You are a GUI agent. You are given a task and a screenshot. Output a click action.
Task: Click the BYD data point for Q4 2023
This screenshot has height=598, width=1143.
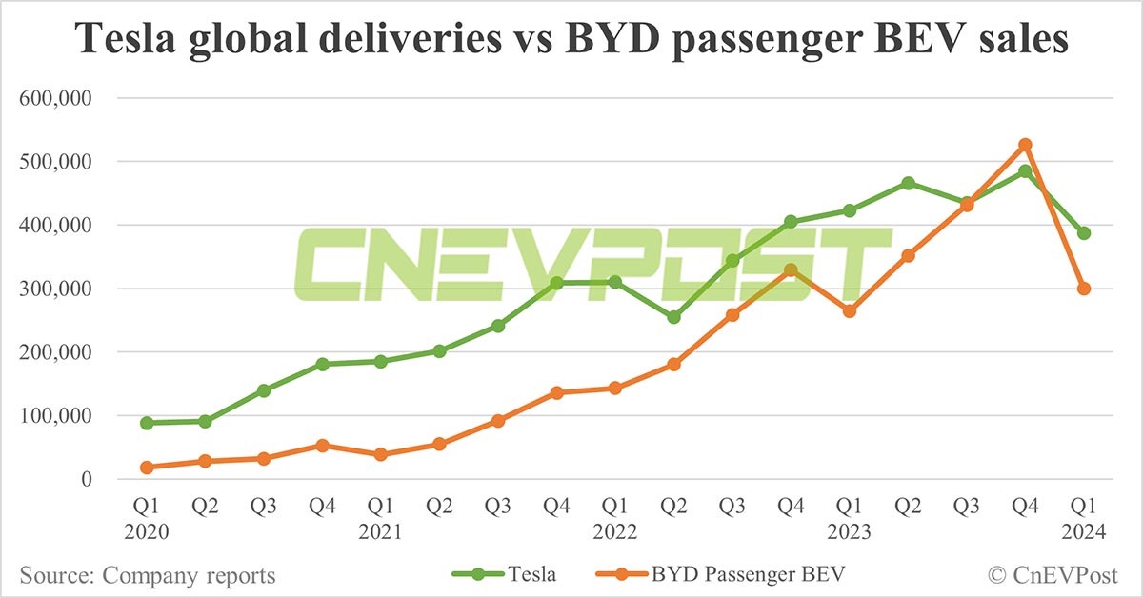tap(1025, 145)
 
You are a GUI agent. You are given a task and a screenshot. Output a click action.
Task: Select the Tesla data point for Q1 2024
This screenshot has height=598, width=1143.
tap(1084, 233)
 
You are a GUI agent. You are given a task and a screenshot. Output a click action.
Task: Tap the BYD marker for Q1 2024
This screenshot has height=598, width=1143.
tap(1084, 289)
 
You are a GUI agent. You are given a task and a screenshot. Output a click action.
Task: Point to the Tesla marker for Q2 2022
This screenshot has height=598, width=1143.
tap(673, 317)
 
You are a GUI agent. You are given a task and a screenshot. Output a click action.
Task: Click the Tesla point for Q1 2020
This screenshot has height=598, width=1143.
tap(147, 423)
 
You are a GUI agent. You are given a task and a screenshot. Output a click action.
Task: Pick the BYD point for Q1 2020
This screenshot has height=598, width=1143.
tap(147, 468)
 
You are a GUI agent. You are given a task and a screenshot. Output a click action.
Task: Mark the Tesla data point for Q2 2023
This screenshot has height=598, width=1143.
tap(908, 183)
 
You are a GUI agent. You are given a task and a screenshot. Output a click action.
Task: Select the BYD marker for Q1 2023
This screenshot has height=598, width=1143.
tap(850, 310)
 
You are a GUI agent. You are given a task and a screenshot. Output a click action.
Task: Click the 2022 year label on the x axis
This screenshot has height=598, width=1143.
tap(615, 533)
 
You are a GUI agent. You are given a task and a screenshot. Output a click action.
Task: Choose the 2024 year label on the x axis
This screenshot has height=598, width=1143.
tap(1084, 533)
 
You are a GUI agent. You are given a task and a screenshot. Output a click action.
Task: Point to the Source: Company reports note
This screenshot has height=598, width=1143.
tap(148, 575)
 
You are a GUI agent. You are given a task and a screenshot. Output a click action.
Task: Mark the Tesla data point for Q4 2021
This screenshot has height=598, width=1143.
tap(557, 283)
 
